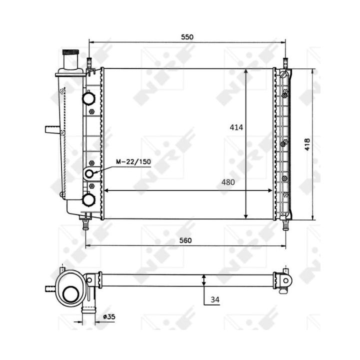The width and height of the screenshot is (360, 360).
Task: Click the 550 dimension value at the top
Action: click(187, 37)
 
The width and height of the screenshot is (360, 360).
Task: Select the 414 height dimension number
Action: click(236, 127)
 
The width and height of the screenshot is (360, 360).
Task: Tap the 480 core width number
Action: click(227, 182)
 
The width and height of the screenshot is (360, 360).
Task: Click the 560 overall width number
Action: click(186, 240)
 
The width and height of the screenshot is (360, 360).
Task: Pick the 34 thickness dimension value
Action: click(215, 299)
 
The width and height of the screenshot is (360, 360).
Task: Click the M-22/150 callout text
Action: click(133, 162)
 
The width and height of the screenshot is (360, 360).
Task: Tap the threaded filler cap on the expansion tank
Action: click(69, 53)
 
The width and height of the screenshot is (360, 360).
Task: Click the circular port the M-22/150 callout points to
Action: click(90, 173)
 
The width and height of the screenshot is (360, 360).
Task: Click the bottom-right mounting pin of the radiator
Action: click(285, 224)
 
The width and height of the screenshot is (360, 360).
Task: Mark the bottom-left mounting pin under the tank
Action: click(86, 222)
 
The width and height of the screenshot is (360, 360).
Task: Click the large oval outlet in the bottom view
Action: click(70, 292)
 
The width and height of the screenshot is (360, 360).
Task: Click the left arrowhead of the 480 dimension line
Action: click(105, 190)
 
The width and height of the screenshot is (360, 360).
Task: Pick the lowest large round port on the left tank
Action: click(89, 199)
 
